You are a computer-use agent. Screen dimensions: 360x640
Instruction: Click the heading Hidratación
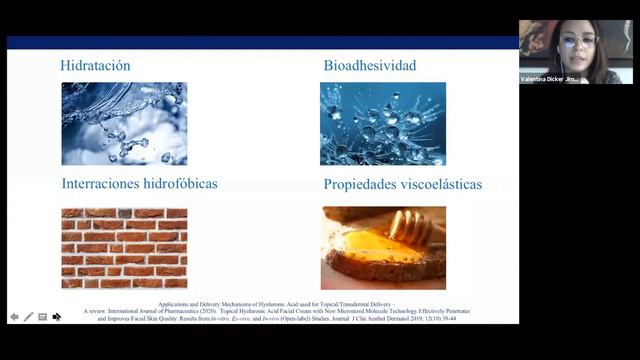[x=95, y=66]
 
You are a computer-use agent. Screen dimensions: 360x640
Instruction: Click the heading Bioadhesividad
[x=370, y=66]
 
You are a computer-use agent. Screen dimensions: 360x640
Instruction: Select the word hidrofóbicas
[x=181, y=184]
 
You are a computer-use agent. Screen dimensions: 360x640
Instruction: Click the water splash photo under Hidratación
[x=124, y=123]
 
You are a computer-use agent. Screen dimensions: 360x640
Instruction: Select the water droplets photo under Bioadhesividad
[x=383, y=123]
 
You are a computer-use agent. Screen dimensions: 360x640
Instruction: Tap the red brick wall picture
[x=124, y=248]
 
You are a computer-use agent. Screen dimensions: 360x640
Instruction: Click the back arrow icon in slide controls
[x=14, y=317]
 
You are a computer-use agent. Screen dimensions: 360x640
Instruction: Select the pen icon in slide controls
[x=28, y=317]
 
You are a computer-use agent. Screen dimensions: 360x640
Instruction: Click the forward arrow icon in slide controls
[x=57, y=317]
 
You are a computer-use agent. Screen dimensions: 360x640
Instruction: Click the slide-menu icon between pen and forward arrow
[x=42, y=317]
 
